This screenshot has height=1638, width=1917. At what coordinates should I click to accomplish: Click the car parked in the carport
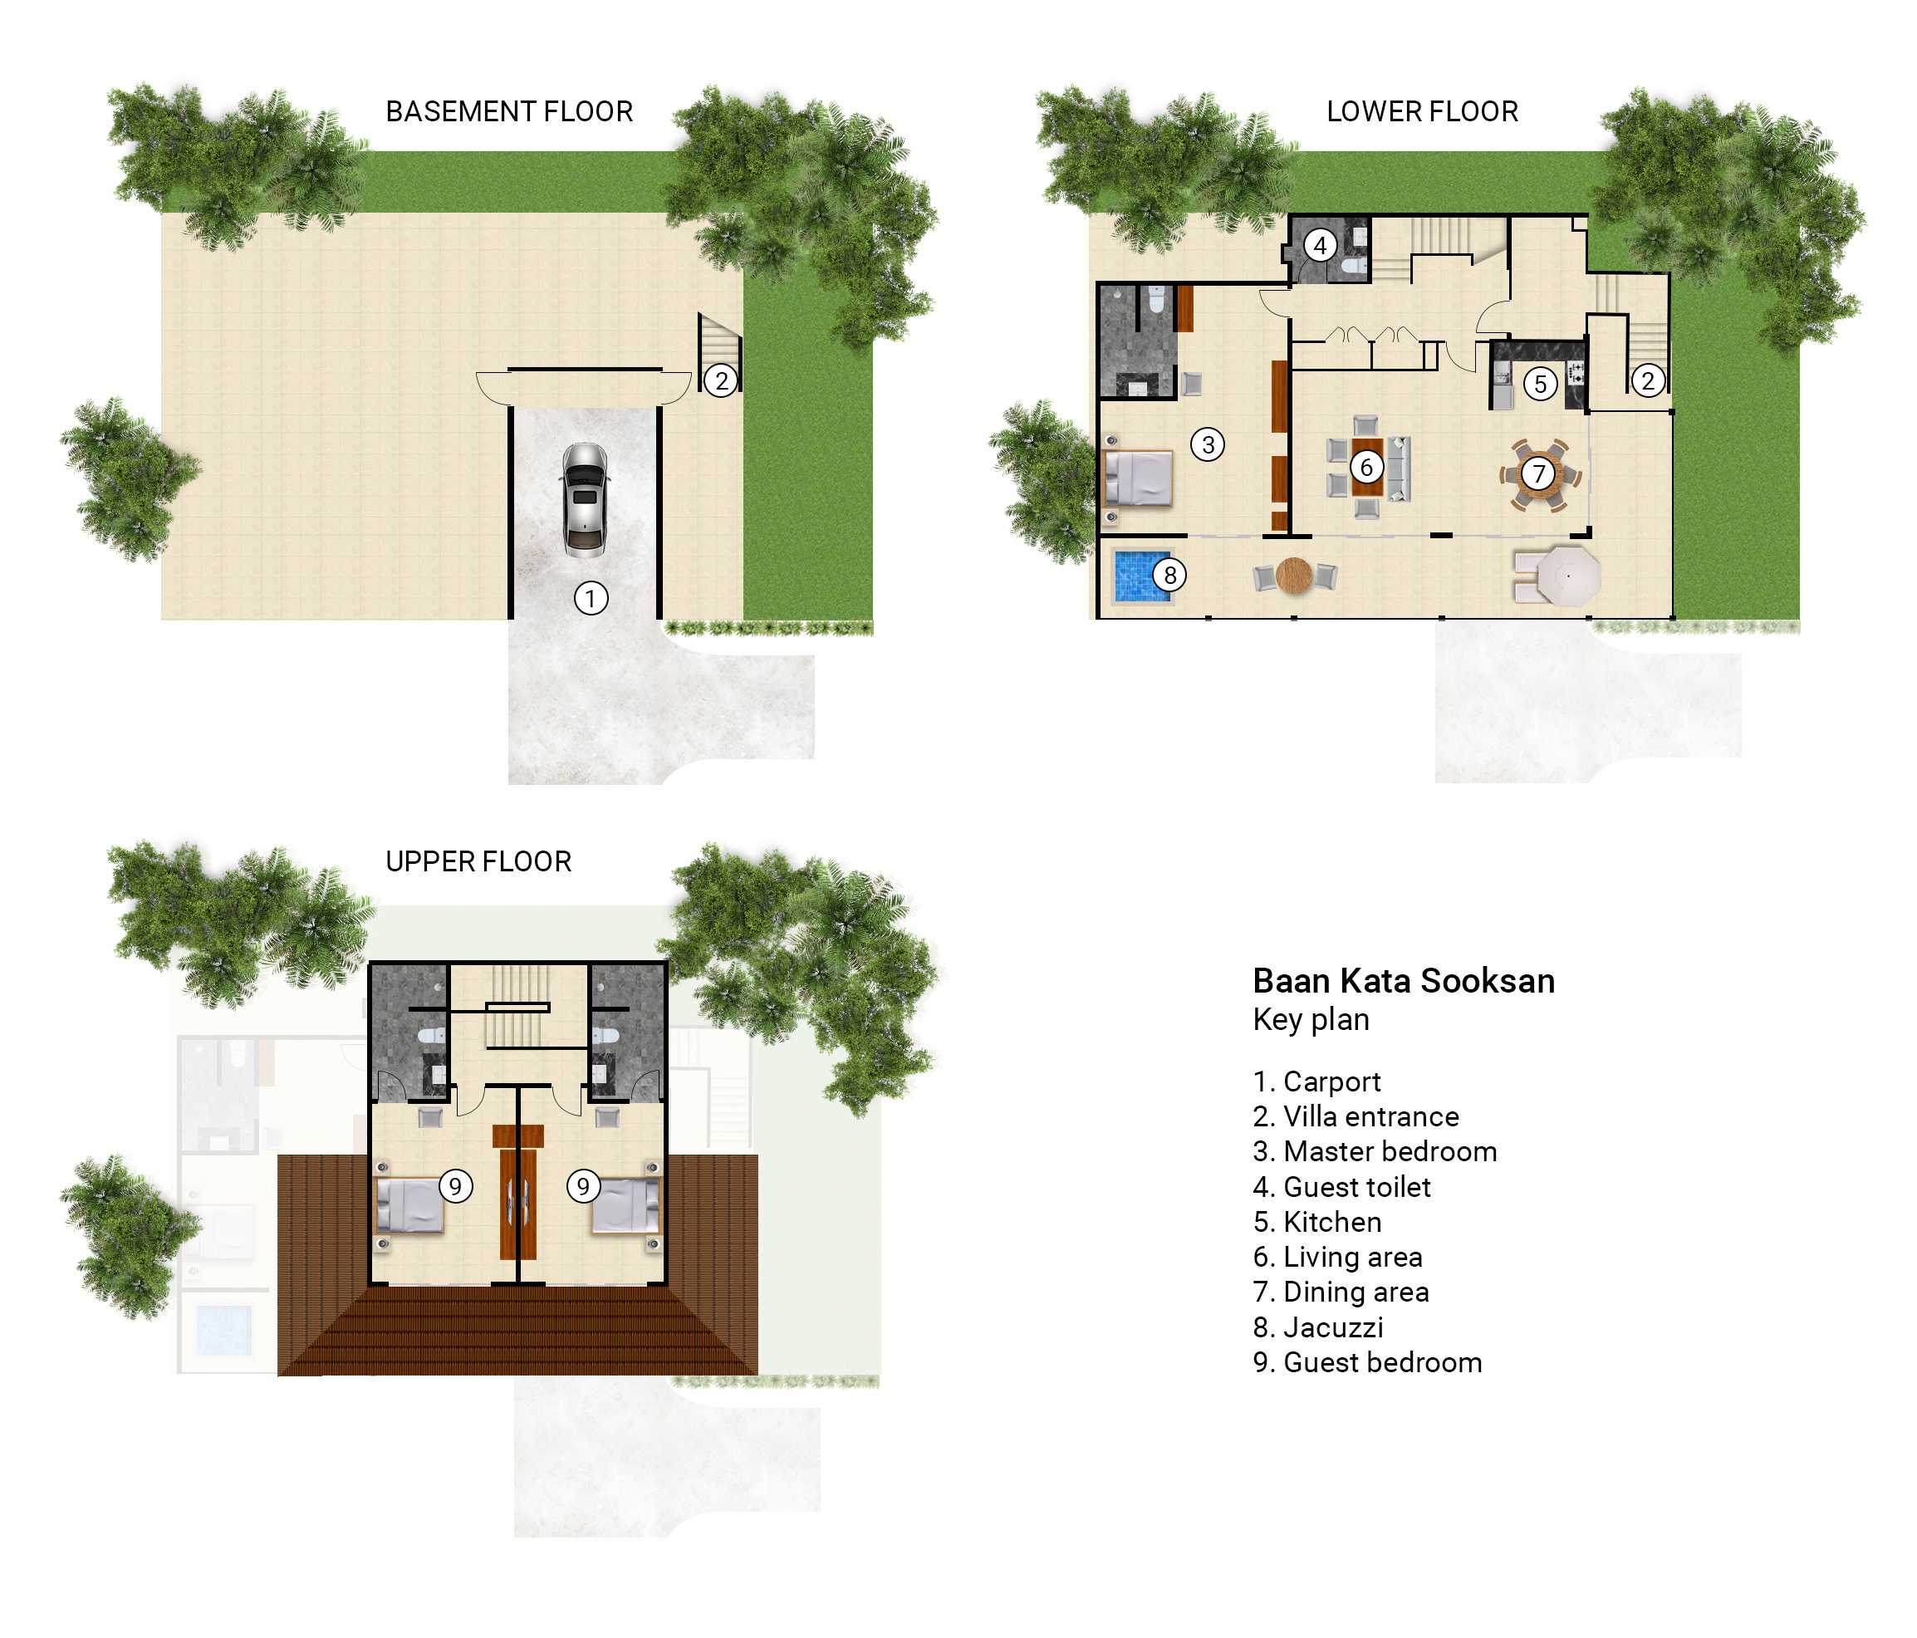tap(585, 500)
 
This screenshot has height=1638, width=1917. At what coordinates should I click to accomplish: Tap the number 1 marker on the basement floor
tap(591, 599)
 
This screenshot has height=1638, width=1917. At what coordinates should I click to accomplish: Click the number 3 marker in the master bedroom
tap(1208, 445)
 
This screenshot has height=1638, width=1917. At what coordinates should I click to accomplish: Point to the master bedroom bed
tap(1139, 478)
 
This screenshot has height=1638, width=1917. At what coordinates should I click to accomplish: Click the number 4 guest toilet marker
tap(1321, 246)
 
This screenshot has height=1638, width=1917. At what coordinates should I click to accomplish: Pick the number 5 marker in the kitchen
tap(1541, 384)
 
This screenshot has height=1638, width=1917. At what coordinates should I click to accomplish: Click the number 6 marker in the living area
tap(1366, 468)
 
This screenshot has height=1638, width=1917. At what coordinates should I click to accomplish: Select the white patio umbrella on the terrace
tap(1568, 576)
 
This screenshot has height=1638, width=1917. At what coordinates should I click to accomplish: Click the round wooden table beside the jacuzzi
tap(1293, 576)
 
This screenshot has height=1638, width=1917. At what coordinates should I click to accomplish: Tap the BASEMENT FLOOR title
tap(509, 112)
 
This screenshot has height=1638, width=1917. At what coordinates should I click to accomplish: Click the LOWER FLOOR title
tap(1422, 112)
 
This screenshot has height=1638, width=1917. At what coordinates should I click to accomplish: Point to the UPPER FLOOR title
tap(478, 862)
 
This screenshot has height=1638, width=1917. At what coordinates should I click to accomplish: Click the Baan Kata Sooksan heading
tap(1404, 981)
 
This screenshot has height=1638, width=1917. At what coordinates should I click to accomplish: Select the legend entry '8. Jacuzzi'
tap(1318, 1328)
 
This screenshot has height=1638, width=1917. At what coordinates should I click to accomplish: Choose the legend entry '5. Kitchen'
tap(1317, 1223)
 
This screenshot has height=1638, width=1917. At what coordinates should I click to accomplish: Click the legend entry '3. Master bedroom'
tap(1375, 1152)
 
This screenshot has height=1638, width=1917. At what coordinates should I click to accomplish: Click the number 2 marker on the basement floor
tap(722, 380)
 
